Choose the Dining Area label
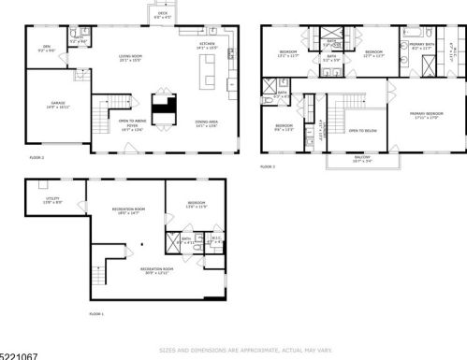[207, 122]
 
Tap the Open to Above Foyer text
[130, 123]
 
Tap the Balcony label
[360, 160]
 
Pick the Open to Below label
[362, 131]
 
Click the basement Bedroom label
[197, 204]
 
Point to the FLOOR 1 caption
[96, 313]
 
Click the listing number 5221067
[20, 354]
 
